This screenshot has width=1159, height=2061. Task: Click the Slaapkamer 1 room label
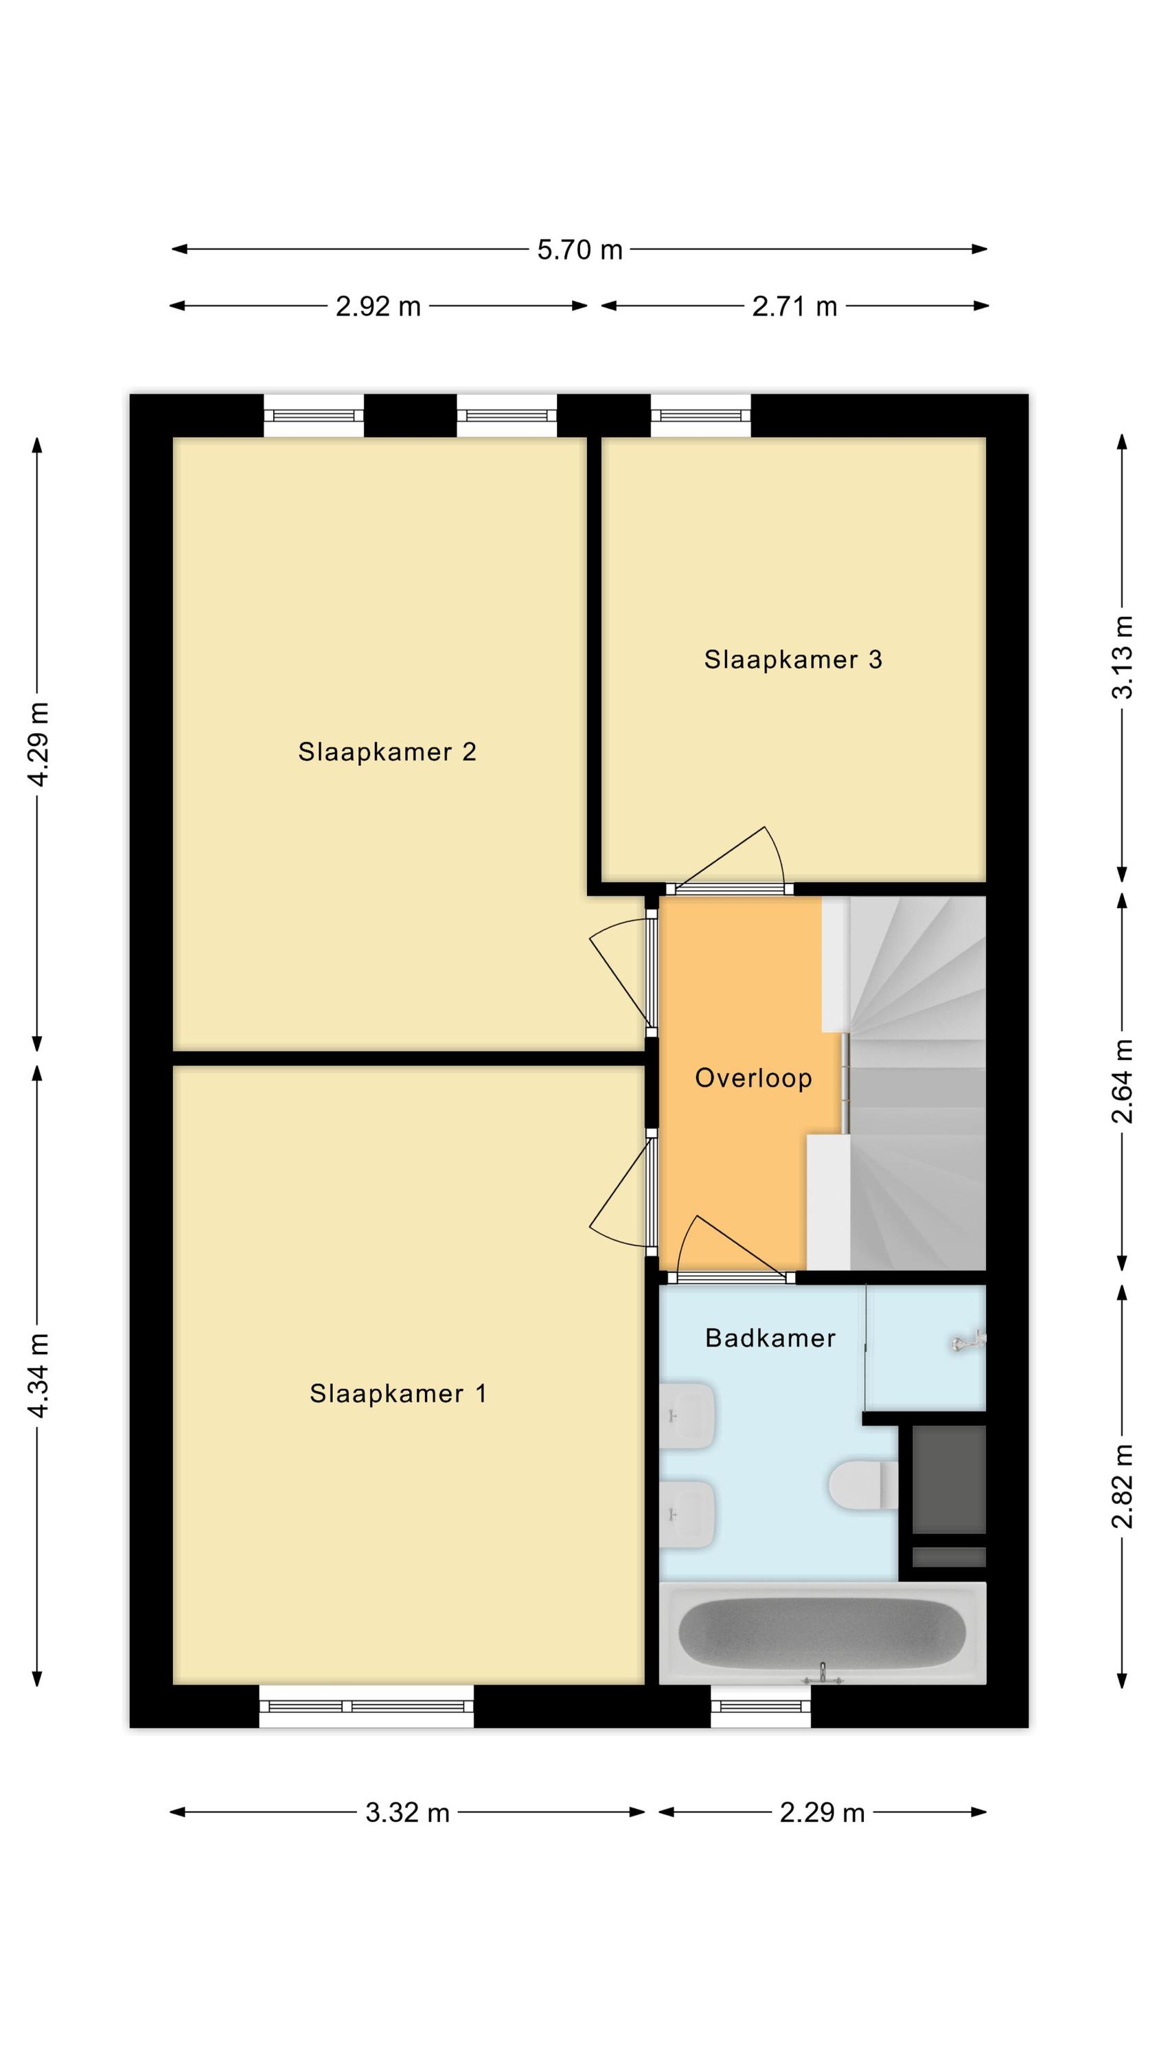(398, 1394)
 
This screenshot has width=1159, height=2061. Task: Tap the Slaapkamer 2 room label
(387, 752)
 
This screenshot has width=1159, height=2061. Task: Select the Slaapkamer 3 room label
(792, 660)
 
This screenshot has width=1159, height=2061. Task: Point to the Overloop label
(753, 1079)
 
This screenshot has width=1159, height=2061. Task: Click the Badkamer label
(770, 1338)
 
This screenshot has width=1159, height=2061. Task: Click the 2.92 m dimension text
(378, 306)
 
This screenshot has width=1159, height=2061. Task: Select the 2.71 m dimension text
(794, 306)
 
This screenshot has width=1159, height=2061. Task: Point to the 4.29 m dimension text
(38, 744)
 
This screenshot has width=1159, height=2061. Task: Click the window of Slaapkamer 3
(700, 415)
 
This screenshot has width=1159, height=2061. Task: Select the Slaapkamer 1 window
(367, 1706)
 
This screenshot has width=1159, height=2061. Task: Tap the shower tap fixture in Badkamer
(969, 1342)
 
